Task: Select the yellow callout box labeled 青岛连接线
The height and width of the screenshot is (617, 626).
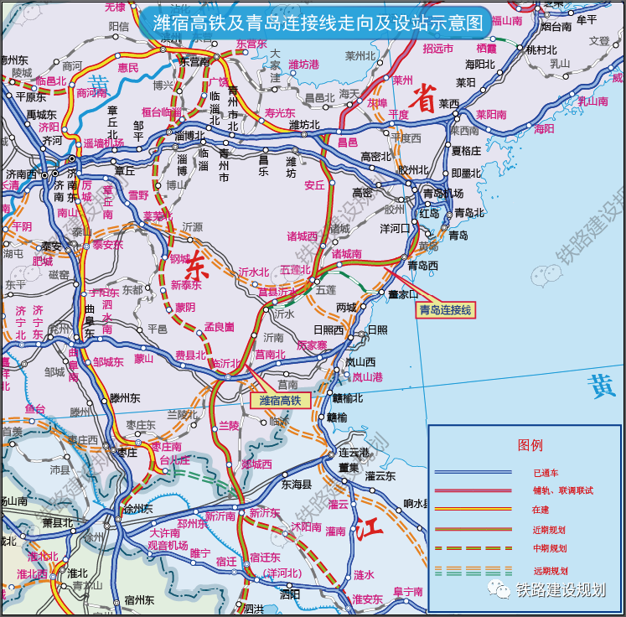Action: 445,310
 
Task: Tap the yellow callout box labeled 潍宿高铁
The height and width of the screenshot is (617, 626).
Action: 280,400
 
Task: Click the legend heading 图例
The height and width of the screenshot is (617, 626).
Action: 530,444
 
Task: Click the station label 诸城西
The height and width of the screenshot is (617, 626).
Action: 303,236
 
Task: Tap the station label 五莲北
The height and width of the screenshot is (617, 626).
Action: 295,270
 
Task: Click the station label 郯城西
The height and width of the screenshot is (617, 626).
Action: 256,464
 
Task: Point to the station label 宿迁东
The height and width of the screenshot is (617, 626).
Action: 265,557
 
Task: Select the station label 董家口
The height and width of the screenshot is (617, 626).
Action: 402,294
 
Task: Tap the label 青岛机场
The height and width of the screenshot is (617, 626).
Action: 441,193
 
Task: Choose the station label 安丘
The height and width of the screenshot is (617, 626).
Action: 314,184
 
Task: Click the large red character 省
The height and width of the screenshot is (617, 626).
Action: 426,101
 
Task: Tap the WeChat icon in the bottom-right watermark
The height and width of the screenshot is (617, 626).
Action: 501,590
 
